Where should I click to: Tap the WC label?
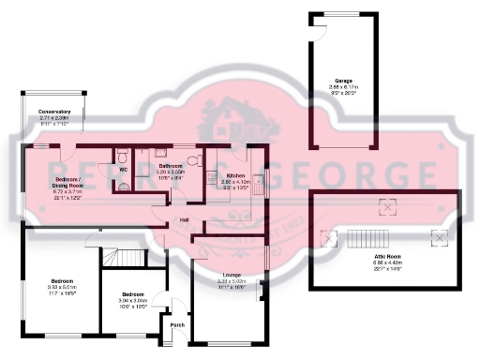click(122, 170)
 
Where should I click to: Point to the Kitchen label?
click(235, 175)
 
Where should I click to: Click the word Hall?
click(186, 221)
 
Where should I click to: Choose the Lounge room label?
click(230, 275)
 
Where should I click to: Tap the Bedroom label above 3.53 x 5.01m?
click(63, 280)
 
